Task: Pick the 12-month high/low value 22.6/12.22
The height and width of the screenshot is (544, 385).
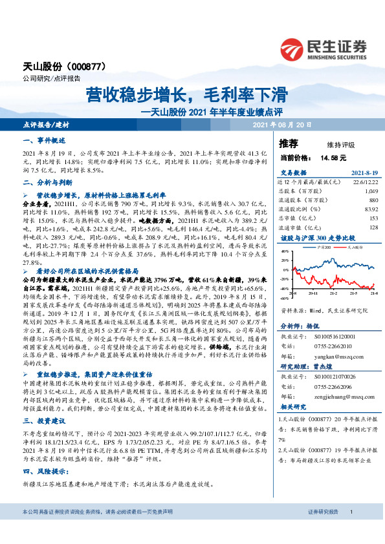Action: coord(364,183)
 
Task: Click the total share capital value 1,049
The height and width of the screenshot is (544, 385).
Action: coord(370,192)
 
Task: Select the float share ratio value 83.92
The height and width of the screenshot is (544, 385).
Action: coord(370,209)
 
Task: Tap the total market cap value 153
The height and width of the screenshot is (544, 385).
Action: coord(372,218)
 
